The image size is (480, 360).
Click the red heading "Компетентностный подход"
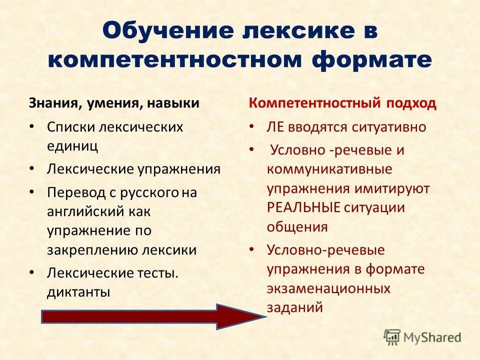pos(342,103)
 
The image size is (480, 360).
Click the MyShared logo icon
pos(392,337)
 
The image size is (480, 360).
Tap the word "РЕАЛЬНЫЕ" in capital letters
pos(303,207)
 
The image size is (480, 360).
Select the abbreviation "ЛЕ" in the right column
pos(275,127)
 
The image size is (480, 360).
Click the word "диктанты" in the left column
pos(78,292)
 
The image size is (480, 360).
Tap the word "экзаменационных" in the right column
pos(328,288)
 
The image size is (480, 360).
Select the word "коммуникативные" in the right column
pos(329,169)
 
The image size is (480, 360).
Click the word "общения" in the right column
pos(297,226)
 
